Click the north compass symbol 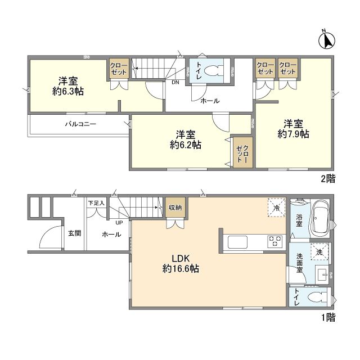[326, 40]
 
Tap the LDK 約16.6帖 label [181, 264]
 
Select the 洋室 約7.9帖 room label [293, 129]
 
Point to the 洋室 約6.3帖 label [68, 86]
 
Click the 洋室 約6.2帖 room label [186, 139]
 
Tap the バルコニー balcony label [80, 124]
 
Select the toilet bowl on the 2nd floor [213, 71]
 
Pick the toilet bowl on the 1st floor [317, 297]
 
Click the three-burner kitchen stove [275, 241]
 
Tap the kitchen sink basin [237, 242]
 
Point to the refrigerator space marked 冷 [276, 208]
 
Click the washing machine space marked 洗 [319, 252]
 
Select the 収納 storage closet [175, 208]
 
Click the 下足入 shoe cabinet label [96, 203]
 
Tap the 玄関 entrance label [75, 233]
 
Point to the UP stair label [119, 223]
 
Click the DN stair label [175, 83]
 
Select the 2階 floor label [328, 179]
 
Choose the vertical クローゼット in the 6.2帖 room [243, 152]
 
